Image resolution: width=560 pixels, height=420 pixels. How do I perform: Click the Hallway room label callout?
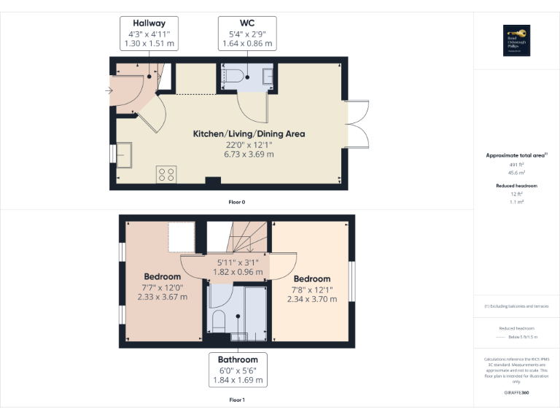tap(149, 33)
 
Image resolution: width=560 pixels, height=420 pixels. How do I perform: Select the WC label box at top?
tap(247, 33)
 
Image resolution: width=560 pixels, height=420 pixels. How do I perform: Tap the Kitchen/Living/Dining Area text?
tap(249, 133)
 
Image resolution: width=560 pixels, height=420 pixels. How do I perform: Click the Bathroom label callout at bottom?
tap(238, 370)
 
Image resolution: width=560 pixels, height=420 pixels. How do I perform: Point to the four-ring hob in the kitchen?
tap(166, 174)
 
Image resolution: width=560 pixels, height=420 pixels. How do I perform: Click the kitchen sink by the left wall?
tap(123, 155)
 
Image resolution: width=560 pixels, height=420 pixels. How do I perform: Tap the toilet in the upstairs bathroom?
tap(218, 320)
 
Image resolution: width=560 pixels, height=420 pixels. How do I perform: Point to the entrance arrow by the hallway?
tap(109, 90)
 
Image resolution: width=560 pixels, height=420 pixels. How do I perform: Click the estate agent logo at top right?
tap(516, 41)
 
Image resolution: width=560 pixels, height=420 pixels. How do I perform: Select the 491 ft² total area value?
tap(516, 165)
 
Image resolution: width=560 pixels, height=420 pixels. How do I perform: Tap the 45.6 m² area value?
tap(516, 173)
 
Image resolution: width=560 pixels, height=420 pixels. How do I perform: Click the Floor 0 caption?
tap(237, 201)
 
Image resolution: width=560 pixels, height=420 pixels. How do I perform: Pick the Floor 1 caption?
tap(237, 400)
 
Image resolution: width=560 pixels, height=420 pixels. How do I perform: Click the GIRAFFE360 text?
tap(516, 393)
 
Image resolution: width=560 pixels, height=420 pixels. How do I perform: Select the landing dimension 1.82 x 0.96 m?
tap(237, 272)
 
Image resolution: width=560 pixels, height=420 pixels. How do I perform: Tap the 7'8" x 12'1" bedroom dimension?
tap(312, 289)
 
